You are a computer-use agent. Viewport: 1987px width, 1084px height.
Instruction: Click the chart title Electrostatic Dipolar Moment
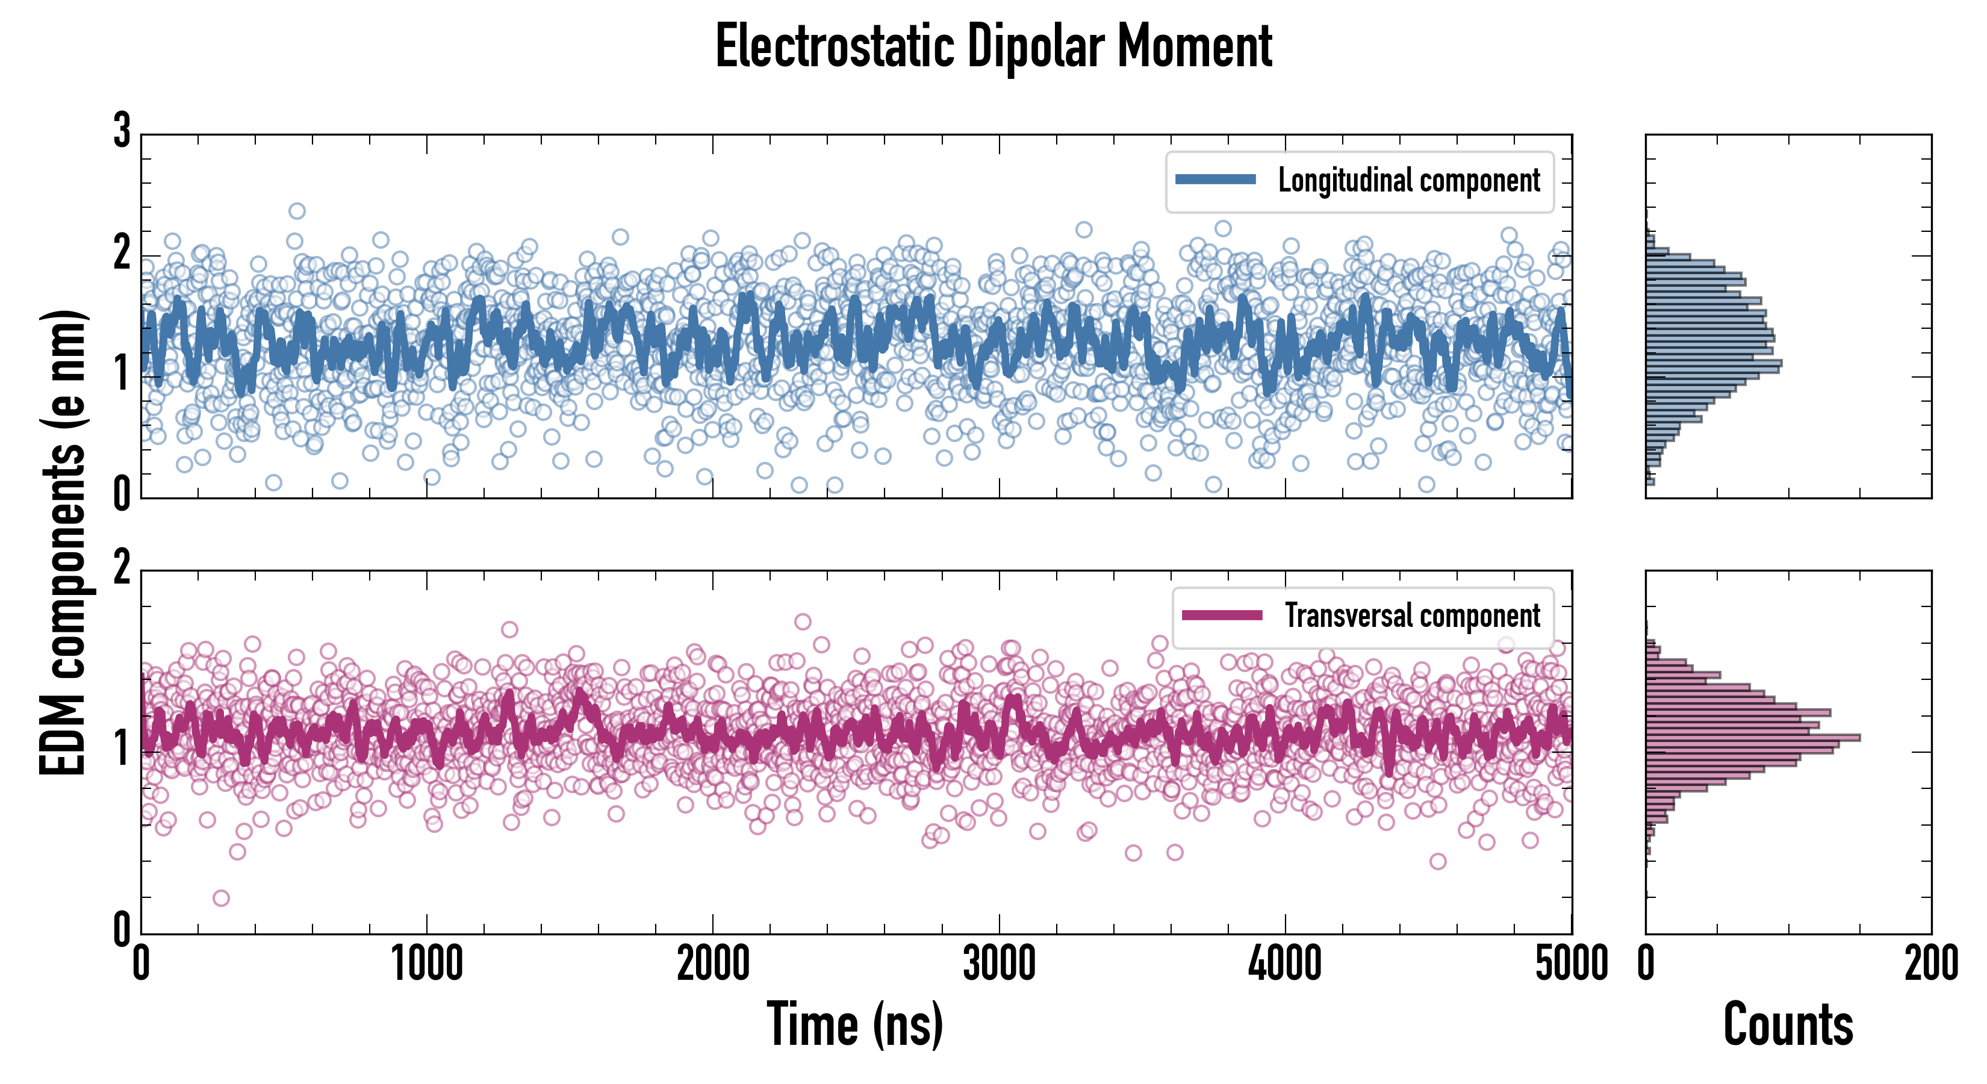point(994,46)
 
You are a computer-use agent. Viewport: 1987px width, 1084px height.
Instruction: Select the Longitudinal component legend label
point(1408,181)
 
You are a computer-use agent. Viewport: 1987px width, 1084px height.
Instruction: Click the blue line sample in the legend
point(1216,180)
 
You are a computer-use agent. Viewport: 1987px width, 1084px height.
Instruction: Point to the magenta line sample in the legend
point(1222,615)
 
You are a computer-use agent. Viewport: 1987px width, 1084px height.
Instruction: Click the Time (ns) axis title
point(854,1024)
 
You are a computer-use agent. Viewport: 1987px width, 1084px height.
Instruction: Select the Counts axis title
point(1788,1024)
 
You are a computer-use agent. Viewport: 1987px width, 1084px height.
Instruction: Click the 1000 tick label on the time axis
point(426,964)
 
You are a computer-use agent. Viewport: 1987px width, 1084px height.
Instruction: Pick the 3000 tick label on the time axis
point(999,964)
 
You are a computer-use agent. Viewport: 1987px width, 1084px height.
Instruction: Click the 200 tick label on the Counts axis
point(1930,964)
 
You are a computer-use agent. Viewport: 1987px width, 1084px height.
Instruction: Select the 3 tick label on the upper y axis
point(122,131)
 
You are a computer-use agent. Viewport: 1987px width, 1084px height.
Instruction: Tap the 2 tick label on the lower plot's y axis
point(122,568)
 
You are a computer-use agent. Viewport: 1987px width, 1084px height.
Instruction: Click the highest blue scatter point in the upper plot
point(297,211)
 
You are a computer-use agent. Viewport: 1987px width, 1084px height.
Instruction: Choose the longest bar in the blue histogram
point(1713,362)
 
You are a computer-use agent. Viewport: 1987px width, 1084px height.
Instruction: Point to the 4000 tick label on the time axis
point(1285,964)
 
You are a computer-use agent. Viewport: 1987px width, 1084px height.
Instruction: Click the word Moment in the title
point(1195,46)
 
